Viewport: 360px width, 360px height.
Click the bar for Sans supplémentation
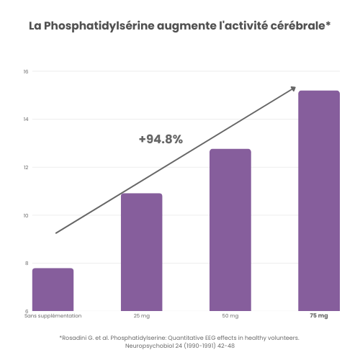point(53,289)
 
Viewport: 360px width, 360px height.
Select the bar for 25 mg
point(141,252)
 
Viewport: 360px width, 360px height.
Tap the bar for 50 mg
point(230,230)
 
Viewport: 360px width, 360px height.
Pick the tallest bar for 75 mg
point(318,201)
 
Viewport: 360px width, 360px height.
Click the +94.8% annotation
point(161,139)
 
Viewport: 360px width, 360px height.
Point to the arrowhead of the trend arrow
point(293,89)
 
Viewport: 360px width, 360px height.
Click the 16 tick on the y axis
point(25,71)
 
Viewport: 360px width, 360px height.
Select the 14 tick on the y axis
point(25,119)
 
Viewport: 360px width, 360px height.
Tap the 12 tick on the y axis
point(25,167)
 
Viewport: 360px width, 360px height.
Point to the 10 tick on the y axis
point(25,215)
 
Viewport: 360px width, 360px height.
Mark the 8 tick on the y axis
point(26,263)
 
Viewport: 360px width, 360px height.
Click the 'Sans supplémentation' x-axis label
point(53,316)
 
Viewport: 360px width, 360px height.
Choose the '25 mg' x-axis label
point(141,316)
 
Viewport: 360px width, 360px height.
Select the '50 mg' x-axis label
point(230,316)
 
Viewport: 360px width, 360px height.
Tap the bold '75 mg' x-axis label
point(318,316)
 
